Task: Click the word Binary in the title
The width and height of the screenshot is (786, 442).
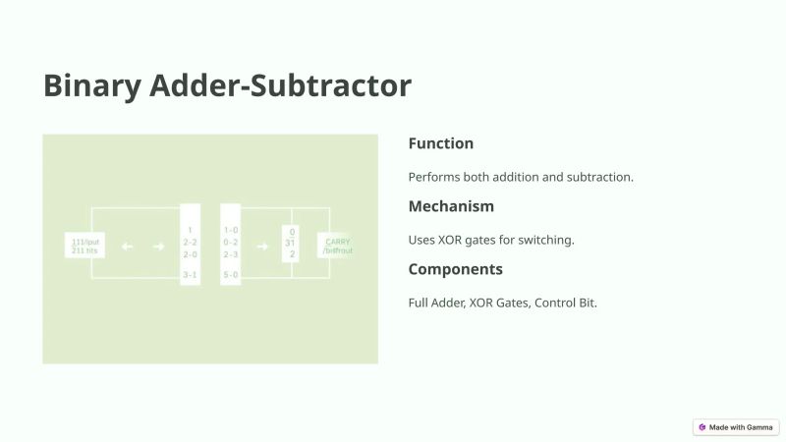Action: pos(91,85)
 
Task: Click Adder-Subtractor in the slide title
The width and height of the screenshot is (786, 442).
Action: pos(280,85)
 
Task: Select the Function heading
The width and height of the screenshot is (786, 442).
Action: pos(440,143)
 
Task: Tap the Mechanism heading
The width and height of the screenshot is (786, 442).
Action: pos(451,206)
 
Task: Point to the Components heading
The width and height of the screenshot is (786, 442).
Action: pos(455,269)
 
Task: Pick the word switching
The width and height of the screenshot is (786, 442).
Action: pos(546,240)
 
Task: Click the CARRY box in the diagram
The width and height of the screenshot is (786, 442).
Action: pos(337,246)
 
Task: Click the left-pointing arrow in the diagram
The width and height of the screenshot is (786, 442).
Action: pos(127,247)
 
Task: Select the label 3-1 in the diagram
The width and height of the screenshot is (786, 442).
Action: pos(190,275)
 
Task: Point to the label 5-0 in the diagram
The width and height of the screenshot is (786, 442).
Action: pos(231,275)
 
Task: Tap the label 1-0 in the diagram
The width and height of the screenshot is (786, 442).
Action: pos(231,230)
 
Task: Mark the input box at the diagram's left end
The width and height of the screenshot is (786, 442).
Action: pos(81,246)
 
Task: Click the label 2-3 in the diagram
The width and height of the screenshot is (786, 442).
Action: pos(231,253)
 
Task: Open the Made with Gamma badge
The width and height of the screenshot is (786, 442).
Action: pos(736,427)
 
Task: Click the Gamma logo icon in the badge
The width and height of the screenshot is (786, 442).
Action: pos(702,427)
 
